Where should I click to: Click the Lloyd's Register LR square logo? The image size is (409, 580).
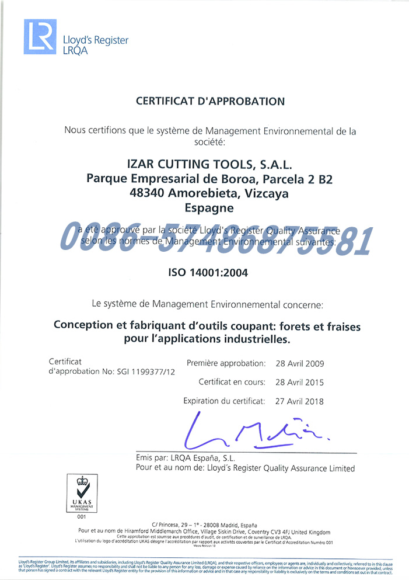click(x=40, y=37)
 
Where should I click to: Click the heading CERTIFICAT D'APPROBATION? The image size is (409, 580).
click(x=210, y=101)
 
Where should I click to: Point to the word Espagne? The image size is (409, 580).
click(x=209, y=208)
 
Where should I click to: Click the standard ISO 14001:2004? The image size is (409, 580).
click(x=208, y=272)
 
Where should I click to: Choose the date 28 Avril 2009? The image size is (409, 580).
click(x=299, y=363)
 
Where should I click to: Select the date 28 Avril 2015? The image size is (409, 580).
click(x=299, y=383)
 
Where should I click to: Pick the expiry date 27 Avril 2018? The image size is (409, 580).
click(x=299, y=401)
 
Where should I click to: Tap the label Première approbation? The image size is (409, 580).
click(x=226, y=363)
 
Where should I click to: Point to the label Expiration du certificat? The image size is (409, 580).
click(x=224, y=401)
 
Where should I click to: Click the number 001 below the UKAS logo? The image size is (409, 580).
click(x=81, y=517)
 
